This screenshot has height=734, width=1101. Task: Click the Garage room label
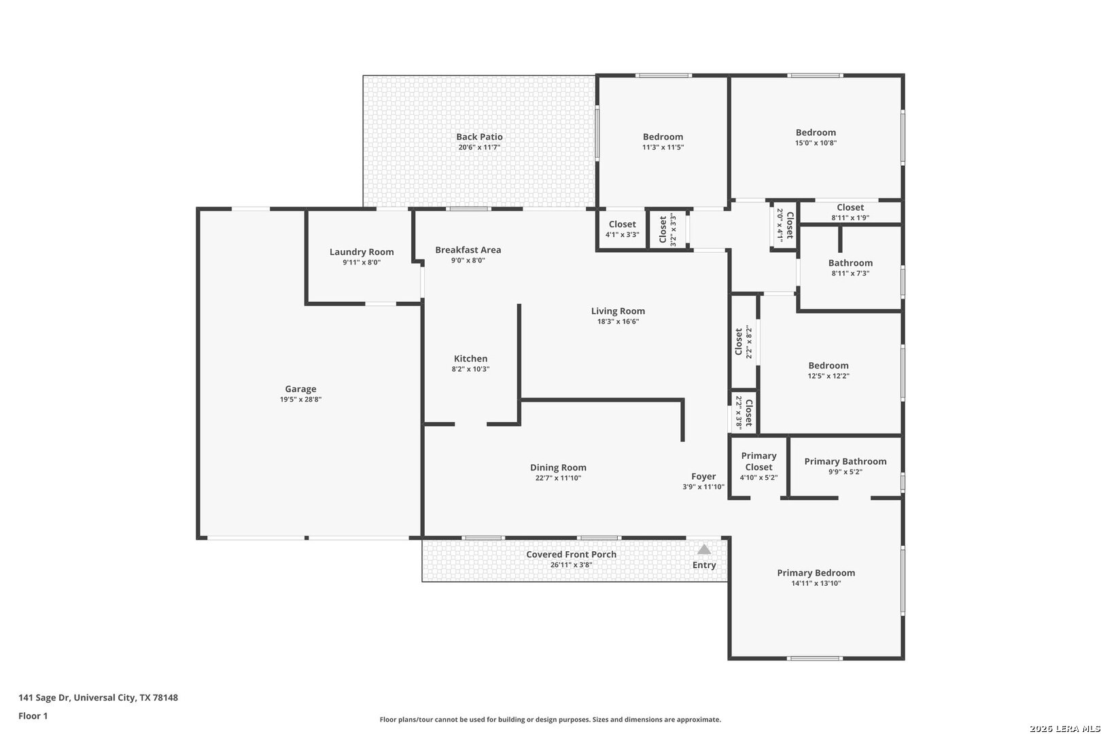[300, 389]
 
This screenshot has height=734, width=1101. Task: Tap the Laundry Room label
[362, 251]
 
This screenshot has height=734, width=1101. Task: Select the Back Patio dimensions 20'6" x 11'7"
[479, 147]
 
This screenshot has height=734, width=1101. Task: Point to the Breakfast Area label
[468, 249]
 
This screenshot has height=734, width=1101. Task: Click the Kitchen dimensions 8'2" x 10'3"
[470, 369]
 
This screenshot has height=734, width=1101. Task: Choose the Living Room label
[618, 311]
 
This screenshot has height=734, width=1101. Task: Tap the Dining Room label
[558, 468]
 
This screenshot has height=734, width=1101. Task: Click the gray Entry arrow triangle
[704, 549]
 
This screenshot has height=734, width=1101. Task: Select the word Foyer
[703, 476]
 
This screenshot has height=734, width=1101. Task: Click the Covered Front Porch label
[571, 554]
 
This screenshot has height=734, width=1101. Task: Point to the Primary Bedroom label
[816, 573]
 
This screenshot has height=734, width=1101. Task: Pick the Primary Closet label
[759, 461]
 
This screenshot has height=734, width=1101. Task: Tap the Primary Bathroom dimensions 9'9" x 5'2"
[845, 472]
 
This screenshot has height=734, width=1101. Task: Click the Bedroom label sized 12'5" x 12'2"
[828, 365]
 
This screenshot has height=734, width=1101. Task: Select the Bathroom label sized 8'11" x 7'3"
[850, 263]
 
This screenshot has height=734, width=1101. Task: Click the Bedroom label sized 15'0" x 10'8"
[816, 133]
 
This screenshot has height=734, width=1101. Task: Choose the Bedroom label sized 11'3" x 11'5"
[663, 137]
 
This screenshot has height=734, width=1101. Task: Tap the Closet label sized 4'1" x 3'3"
[623, 224]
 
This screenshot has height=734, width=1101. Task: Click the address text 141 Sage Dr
[45, 697]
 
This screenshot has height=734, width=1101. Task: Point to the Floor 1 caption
[33, 716]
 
